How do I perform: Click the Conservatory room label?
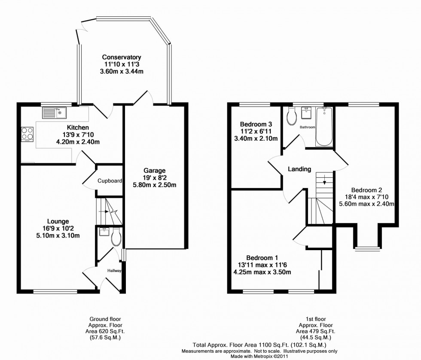122,57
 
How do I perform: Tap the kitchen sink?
53,113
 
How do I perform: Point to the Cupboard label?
110,181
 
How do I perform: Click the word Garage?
155,170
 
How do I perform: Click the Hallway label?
115,271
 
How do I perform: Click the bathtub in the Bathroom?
325,127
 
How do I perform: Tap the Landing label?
299,169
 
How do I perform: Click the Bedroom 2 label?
366,190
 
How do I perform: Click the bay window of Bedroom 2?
367,247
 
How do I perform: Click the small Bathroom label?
308,127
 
